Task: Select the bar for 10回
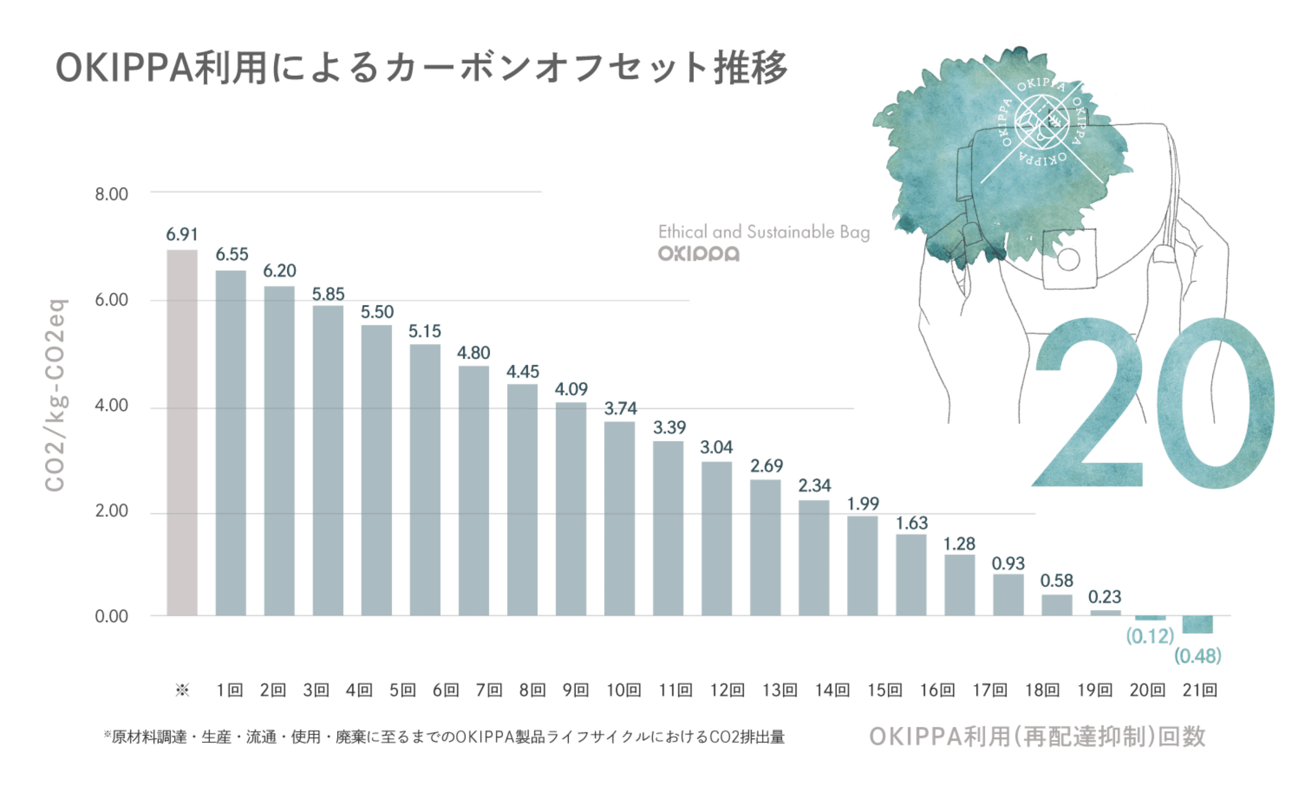click(x=619, y=518)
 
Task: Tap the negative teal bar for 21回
click(x=1197, y=624)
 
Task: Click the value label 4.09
click(x=571, y=390)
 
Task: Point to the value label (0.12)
click(x=1150, y=636)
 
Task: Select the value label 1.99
click(x=863, y=504)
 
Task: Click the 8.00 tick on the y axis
click(x=111, y=194)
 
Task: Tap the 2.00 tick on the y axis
click(x=111, y=511)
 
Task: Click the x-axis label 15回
click(x=885, y=690)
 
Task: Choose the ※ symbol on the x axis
click(x=182, y=690)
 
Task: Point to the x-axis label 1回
click(x=229, y=690)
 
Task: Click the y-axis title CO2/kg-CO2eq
click(x=55, y=395)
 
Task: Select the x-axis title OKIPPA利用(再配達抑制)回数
click(x=1037, y=736)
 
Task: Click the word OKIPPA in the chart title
click(x=125, y=69)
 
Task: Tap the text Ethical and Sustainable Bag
click(x=764, y=232)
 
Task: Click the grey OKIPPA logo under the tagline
click(x=698, y=254)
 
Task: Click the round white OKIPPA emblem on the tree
click(x=1041, y=122)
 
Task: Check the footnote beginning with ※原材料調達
click(x=444, y=736)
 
